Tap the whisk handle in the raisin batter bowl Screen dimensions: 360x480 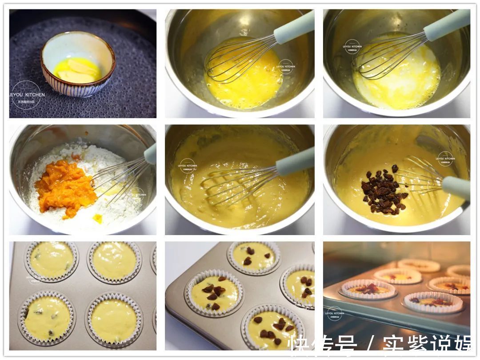pyautogui.click(x=456, y=187)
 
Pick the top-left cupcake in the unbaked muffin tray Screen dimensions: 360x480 pyautogui.click(x=52, y=260)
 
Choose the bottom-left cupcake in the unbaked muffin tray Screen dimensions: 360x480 pyautogui.click(x=47, y=318)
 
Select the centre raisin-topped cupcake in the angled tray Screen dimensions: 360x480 pyautogui.click(x=214, y=293)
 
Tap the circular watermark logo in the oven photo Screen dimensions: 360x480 pyautogui.click(x=335, y=313)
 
